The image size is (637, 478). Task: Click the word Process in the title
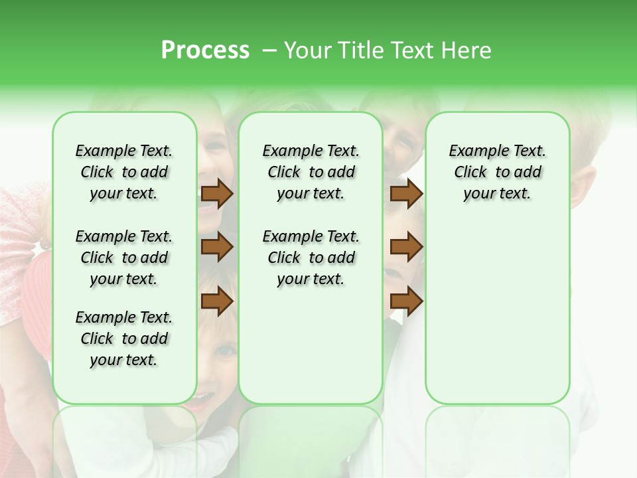(205, 50)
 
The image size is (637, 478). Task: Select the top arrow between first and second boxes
(217, 193)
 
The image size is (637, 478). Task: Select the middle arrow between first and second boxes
(217, 247)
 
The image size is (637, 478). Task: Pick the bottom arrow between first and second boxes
(217, 301)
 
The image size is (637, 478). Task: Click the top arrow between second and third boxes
(406, 193)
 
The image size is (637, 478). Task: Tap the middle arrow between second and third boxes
(406, 247)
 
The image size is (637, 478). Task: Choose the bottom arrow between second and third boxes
(406, 301)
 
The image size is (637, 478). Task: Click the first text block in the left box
(124, 172)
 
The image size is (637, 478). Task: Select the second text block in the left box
(124, 258)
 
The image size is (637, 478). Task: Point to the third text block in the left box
(124, 339)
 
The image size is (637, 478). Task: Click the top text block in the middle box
(311, 172)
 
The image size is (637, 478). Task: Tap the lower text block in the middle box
(311, 258)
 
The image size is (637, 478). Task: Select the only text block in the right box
(497, 172)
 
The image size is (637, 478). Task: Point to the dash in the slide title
(269, 50)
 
